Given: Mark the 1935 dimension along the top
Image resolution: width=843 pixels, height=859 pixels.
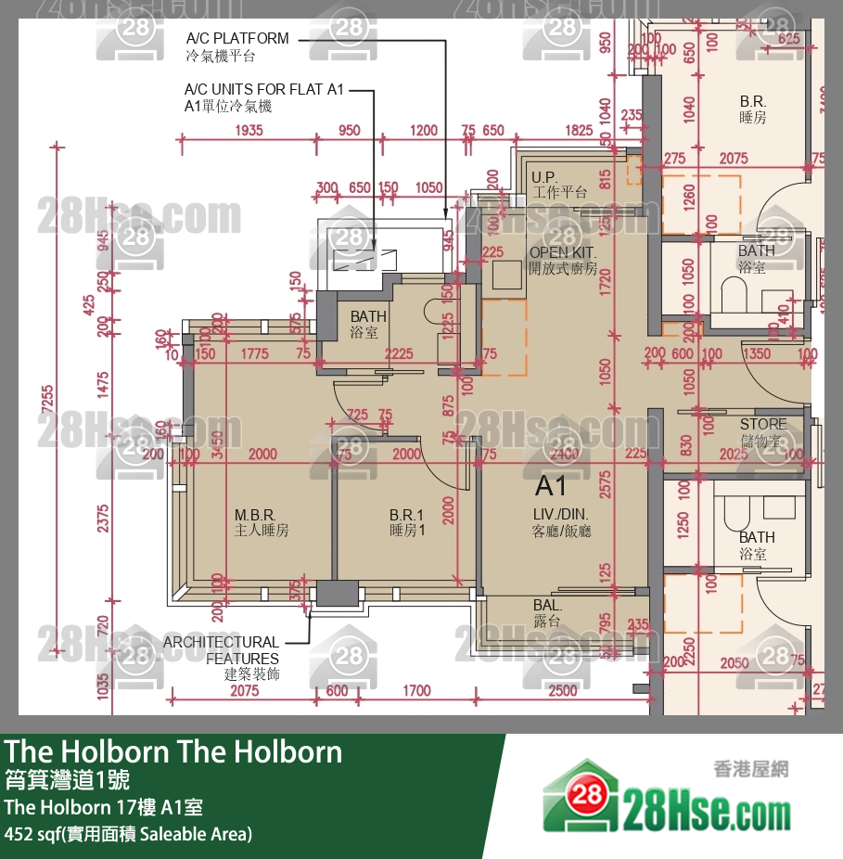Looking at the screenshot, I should (x=249, y=131).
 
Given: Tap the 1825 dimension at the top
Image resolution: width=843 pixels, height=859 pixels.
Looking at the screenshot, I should (x=579, y=131).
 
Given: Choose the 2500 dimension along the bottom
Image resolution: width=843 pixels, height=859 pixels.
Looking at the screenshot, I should (x=562, y=690).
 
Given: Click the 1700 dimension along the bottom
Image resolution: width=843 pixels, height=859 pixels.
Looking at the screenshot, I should (x=417, y=690).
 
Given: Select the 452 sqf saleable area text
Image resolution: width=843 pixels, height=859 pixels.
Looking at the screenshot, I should (x=128, y=833).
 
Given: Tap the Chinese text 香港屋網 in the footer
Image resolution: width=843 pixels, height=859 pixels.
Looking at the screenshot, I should (x=750, y=768).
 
